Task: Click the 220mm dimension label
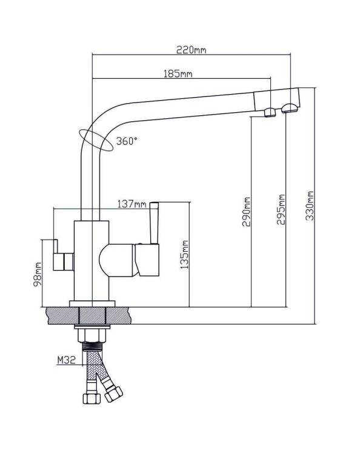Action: click(192, 50)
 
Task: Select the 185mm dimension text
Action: click(178, 73)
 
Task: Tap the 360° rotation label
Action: click(127, 141)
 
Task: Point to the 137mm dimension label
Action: click(132, 204)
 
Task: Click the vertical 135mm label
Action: click(184, 254)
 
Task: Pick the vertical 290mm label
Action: click(246, 212)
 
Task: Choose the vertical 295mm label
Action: click(281, 209)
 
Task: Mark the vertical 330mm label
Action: click(310, 206)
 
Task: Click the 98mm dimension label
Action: click(38, 274)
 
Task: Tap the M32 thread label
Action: click(66, 360)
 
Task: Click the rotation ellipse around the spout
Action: click(95, 140)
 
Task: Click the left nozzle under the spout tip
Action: click(270, 112)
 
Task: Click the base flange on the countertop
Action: click(92, 304)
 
